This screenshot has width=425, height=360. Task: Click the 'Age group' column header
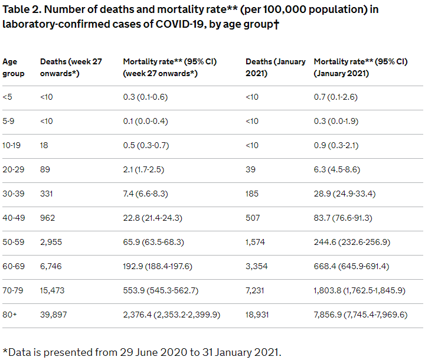pos(13,67)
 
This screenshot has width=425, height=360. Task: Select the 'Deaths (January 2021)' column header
pos(276,67)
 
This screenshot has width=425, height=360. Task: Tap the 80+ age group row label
pos(9,315)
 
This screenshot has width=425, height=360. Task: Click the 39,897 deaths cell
pos(53,315)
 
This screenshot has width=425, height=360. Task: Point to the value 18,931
pos(257,315)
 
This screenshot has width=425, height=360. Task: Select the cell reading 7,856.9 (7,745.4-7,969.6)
pos(361,315)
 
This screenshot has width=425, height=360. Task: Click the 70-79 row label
pos(13,290)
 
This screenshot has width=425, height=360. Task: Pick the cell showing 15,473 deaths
pos(53,290)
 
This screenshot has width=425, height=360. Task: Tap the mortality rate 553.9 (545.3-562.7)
pos(161,290)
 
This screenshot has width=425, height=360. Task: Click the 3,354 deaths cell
pos(256,266)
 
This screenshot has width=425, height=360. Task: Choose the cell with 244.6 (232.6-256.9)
pos(352,242)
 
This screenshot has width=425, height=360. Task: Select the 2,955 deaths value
pos(51,242)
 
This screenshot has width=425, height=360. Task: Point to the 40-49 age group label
pos(14,218)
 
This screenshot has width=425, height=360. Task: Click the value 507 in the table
pos(253,218)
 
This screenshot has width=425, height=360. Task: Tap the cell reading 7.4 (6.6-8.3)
pos(146,194)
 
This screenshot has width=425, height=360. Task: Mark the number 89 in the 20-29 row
pos(45,170)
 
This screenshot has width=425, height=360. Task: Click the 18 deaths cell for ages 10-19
pos(44,145)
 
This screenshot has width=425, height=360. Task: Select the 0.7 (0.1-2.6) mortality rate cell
pos(335,97)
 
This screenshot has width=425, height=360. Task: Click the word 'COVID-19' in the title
pos(179,24)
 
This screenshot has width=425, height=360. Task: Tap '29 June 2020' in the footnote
pos(153,352)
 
